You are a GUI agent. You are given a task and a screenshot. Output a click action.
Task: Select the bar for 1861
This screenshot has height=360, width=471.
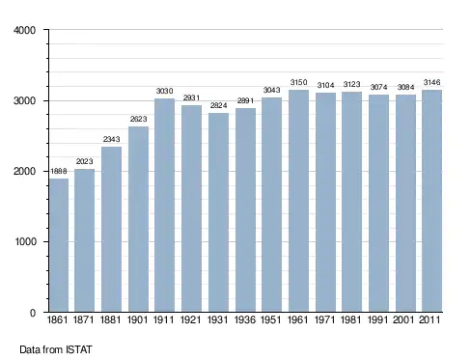59,245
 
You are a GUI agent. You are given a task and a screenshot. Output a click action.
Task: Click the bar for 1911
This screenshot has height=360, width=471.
164,205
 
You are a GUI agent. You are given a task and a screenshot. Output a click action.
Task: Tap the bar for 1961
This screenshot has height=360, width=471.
298,201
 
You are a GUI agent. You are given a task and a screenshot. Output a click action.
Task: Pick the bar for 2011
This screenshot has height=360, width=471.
431,201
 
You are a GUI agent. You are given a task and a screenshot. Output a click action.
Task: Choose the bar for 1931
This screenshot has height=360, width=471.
218,212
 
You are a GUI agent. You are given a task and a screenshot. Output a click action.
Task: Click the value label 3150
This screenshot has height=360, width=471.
298,82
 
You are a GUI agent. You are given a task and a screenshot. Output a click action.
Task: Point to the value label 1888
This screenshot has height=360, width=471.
59,171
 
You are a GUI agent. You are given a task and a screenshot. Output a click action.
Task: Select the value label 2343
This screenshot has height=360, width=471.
111,139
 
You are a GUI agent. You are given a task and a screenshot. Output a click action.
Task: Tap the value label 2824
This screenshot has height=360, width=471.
218,105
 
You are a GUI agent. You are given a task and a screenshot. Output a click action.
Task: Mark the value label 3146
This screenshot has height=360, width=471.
431,82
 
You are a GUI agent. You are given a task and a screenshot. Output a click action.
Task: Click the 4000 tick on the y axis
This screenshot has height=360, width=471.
24,30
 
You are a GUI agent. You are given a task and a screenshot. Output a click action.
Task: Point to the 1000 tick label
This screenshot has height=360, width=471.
25,241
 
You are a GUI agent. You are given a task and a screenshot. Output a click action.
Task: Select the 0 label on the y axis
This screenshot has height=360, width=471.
33,313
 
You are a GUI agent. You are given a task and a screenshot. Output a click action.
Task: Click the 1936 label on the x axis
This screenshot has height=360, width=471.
245,320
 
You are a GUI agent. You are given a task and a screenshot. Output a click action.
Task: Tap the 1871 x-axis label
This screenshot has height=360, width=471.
84,320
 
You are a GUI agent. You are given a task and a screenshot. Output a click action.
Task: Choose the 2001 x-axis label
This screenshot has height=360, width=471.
403,320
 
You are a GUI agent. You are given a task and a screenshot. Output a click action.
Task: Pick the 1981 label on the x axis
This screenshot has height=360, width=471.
351,320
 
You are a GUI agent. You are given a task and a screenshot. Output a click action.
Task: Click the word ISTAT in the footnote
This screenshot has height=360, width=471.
79,349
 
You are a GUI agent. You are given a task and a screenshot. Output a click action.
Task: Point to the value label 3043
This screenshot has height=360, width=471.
272,90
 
